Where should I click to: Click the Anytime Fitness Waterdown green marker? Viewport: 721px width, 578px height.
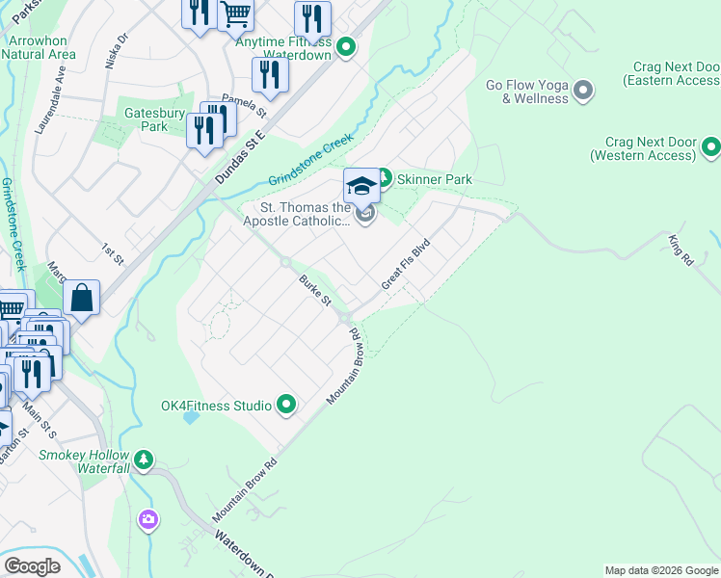pyautogui.click(x=347, y=46)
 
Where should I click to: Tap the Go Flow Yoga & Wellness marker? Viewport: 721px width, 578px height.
pyautogui.click(x=582, y=92)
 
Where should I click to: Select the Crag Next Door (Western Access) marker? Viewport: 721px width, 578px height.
pyautogui.click(x=711, y=147)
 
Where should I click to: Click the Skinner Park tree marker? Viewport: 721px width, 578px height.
pyautogui.click(x=383, y=178)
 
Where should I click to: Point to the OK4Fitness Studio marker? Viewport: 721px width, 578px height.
pyautogui.click(x=286, y=406)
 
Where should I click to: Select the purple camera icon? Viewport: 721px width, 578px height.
pyautogui.click(x=147, y=520)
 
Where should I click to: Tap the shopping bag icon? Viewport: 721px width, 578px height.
pyautogui.click(x=82, y=299)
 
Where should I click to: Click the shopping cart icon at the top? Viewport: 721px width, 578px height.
pyautogui.click(x=235, y=13)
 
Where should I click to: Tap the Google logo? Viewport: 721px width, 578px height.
pyautogui.click(x=32, y=565)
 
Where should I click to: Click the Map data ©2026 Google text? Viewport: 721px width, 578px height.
pyautogui.click(x=660, y=570)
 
